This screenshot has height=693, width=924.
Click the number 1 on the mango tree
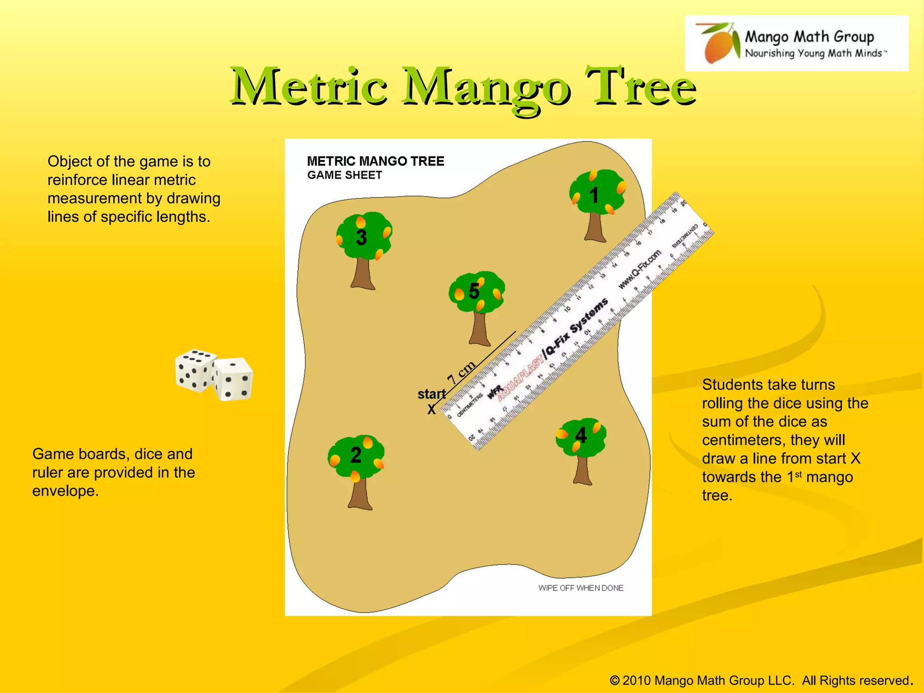coord(594,195)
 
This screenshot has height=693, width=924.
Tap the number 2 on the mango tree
coord(356,455)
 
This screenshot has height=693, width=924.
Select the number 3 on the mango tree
coord(361,237)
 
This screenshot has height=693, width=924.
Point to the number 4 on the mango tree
coord(581,436)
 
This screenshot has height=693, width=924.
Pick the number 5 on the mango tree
coord(474,291)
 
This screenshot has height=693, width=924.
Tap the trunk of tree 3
coord(363,273)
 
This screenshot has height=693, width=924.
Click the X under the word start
coord(432,410)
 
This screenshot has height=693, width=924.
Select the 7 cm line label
coord(461,372)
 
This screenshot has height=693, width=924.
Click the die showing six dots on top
coord(195,370)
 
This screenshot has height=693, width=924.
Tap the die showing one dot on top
coord(233,379)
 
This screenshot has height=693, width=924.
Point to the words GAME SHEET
coord(345,176)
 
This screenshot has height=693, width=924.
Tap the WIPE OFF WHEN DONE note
coord(581,588)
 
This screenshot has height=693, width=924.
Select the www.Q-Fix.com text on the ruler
coord(639,269)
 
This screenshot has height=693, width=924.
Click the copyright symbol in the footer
coord(614,680)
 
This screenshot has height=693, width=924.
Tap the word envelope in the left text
coord(65,491)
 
